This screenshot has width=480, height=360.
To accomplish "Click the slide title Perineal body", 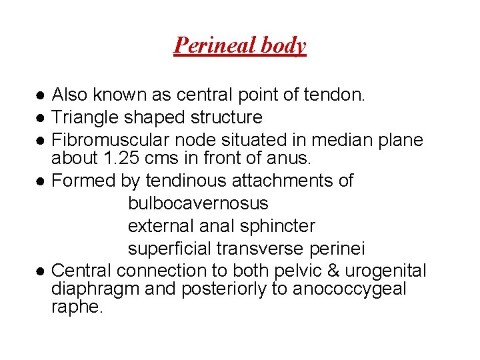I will tap(239, 45).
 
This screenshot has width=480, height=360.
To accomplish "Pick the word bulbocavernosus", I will tap(198, 203).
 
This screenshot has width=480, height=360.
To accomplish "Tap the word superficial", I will tap(169, 249).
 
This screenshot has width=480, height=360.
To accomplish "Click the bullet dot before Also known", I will tap(41, 96).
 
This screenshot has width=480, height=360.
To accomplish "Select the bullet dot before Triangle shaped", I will tap(41, 119).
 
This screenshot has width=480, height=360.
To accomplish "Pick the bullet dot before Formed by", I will tap(41, 181).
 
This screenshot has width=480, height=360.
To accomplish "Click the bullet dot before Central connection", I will tap(41, 272).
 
